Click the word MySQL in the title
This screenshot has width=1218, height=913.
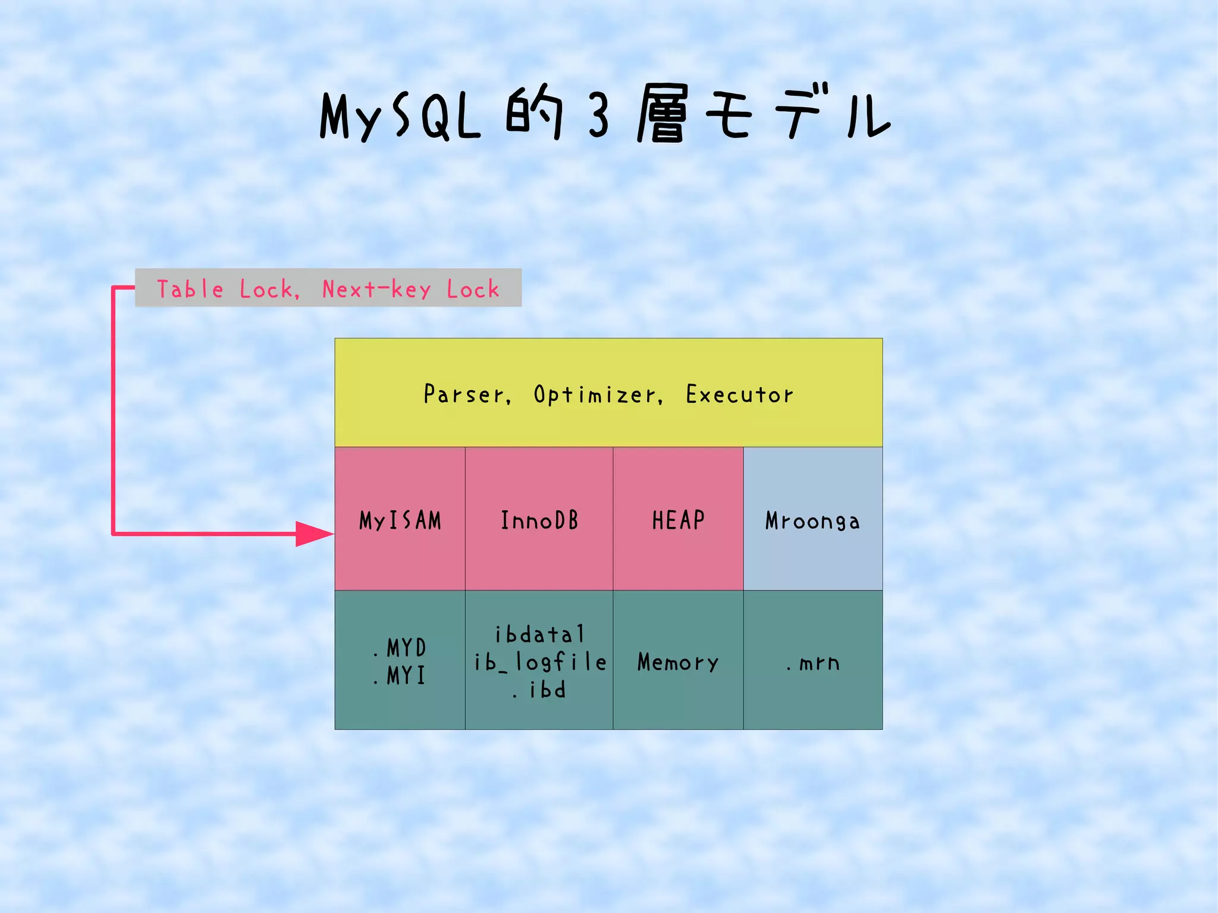tap(400, 116)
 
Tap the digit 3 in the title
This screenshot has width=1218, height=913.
tap(599, 116)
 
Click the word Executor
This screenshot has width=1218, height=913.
tap(739, 394)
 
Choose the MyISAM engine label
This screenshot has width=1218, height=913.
tap(400, 520)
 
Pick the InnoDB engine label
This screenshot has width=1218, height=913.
tap(539, 520)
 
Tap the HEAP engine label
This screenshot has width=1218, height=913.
tap(678, 520)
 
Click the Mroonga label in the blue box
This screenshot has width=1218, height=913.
tap(812, 521)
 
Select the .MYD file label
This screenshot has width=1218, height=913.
tap(401, 648)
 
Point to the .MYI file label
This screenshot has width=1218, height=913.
tap(401, 676)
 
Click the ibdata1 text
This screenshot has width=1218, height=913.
tap(540, 635)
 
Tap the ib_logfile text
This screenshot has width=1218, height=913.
tap(540, 662)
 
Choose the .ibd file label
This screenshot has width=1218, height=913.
tap(540, 690)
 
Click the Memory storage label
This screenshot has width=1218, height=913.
tap(678, 662)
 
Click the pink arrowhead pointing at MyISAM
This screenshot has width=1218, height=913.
tap(314, 534)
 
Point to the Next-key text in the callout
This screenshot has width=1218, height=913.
tap(376, 289)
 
